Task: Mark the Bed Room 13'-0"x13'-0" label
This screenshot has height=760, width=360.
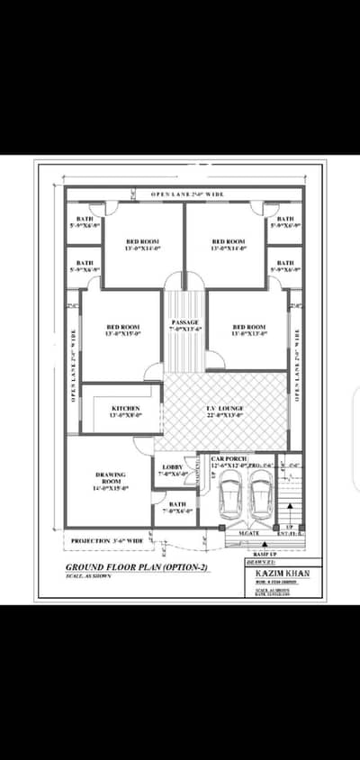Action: pos(248,330)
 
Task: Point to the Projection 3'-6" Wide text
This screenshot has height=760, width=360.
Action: pos(106,540)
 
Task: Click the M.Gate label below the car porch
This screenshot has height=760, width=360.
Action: pos(249,534)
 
